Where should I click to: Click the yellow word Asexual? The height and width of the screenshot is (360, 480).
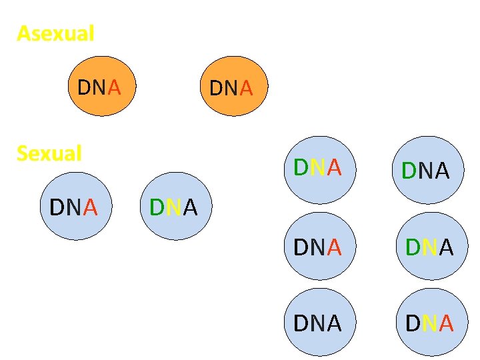tap(55, 33)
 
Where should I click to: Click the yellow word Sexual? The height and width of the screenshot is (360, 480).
tap(49, 153)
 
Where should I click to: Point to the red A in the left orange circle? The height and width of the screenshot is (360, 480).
tap(114, 87)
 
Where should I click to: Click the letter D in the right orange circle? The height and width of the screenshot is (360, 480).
tap(215, 88)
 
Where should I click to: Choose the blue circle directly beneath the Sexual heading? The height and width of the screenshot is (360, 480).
tap(73, 207)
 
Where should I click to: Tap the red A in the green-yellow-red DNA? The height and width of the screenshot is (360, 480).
tap(334, 167)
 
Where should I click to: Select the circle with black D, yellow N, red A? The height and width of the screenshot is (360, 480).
tap(429, 323)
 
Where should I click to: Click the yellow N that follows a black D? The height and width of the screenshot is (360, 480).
tap(429, 323)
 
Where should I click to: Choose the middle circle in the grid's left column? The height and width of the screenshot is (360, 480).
tap(317, 247)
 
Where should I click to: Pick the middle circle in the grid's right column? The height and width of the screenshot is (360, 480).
tap(429, 247)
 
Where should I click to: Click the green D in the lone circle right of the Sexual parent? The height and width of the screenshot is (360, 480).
tap(157, 208)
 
